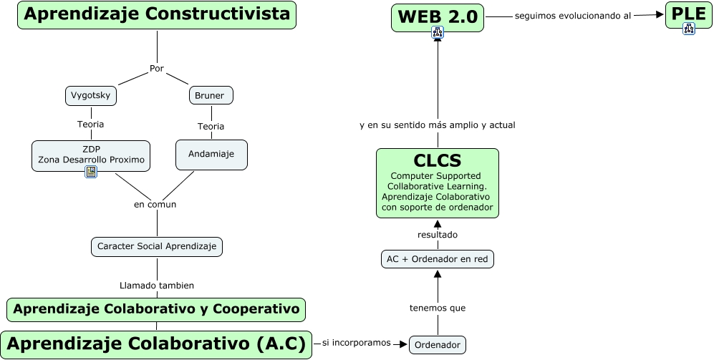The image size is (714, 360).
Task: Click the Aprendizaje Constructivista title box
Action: coord(157,14)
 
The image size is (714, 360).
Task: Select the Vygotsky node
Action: coord(90,95)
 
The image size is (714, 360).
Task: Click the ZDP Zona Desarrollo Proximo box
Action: coord(91,154)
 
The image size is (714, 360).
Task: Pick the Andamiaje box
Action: coord(211,154)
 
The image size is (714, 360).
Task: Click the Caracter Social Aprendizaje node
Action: coord(157,246)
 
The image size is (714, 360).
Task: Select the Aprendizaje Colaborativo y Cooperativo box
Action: coord(156,309)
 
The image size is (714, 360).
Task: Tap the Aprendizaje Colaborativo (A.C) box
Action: coord(156,344)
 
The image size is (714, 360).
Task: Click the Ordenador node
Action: coord(437,345)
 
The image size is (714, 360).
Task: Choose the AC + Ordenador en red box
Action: coord(438,258)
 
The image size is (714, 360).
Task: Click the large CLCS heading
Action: coord(437,160)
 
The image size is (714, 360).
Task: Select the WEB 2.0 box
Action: coord(438,16)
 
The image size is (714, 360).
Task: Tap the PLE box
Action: coord(688,12)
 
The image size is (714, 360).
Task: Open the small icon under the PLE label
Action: coord(688,29)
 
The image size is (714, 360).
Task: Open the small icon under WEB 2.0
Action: coord(438,32)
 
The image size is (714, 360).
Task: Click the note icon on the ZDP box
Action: coord(91,172)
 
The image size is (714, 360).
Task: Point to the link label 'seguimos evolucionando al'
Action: coord(572,16)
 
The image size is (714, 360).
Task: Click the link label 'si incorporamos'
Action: coord(356,343)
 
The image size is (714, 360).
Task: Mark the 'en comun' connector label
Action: coord(155,204)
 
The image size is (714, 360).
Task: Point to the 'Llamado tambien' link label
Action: coord(156,285)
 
